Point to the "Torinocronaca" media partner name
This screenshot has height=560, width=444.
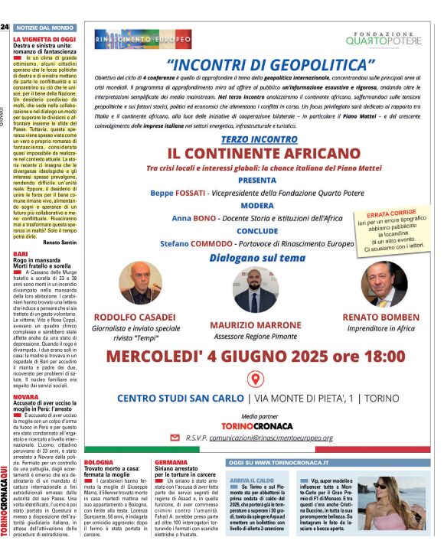[256, 425]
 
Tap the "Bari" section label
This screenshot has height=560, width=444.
[21, 253]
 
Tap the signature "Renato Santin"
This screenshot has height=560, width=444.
[60, 242]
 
